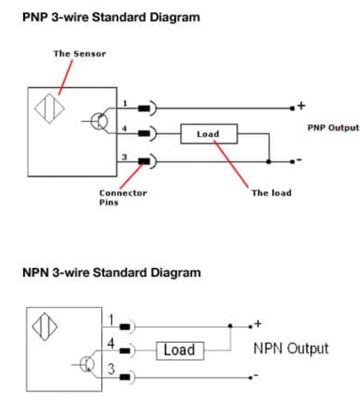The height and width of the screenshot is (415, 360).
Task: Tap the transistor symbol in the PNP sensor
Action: point(99,121)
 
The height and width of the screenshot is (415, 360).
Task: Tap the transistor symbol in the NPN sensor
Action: point(87,364)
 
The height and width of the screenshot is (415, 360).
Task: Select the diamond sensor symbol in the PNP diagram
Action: point(50,109)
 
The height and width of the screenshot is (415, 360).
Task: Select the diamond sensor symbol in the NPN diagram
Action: point(45,327)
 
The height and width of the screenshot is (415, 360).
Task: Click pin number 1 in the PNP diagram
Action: point(125,104)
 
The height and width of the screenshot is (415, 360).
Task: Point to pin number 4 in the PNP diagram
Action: point(124,129)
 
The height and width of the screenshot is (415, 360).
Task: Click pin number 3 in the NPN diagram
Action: point(111,369)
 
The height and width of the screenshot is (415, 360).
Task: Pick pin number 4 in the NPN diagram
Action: point(111,344)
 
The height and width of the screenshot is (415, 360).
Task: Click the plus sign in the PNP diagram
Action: point(301,105)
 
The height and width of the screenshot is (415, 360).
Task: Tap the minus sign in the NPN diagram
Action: point(255,375)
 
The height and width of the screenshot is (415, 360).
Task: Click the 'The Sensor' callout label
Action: point(80,54)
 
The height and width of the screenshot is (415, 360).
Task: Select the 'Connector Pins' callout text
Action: point(123,198)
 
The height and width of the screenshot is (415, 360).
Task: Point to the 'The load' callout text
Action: point(271,193)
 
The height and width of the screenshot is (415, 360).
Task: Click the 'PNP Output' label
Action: point(333,128)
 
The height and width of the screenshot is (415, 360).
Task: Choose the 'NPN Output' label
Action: point(291,349)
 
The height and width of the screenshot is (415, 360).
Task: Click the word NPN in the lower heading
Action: point(36,272)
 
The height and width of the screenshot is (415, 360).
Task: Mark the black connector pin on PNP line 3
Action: point(144,161)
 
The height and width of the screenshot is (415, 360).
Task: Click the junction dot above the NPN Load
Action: point(230,326)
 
